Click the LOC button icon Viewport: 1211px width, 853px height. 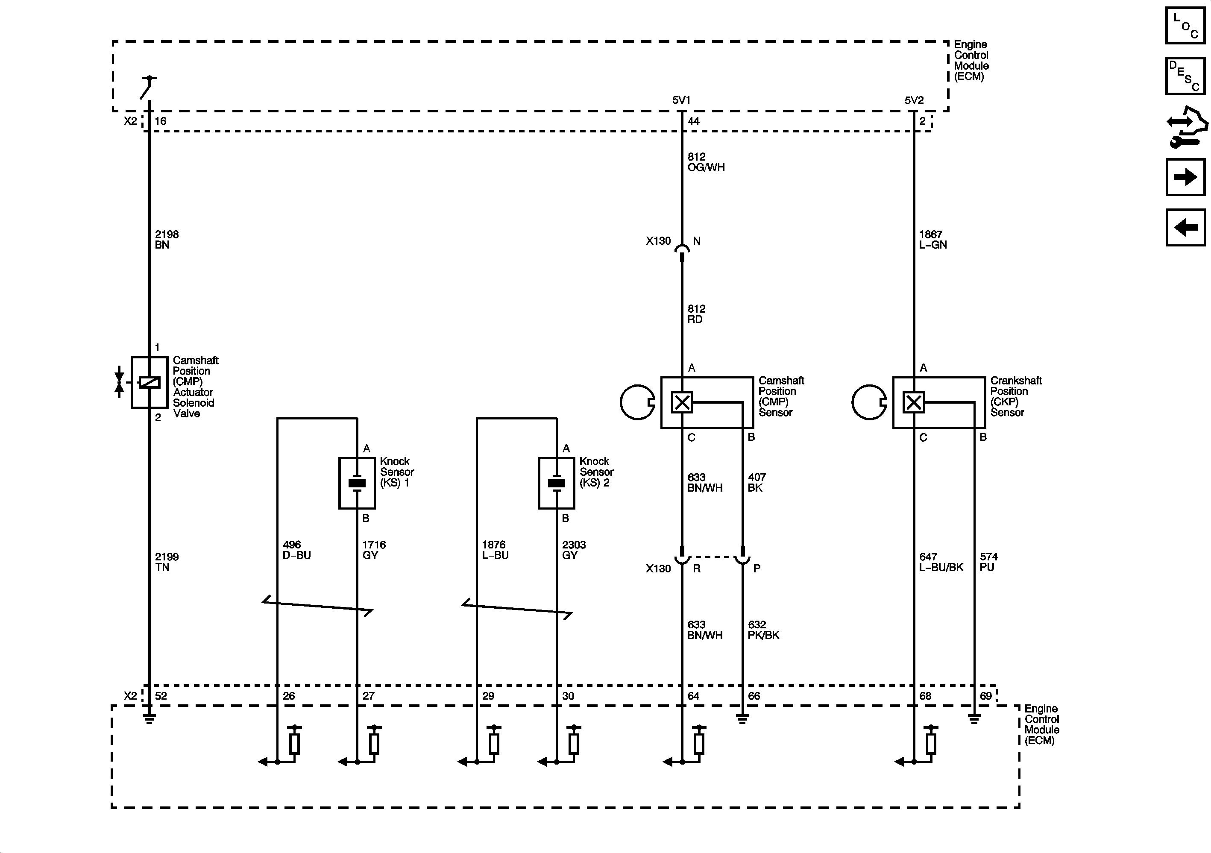pos(1185,25)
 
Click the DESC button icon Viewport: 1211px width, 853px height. pos(1185,76)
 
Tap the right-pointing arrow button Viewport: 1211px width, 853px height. pos(1185,177)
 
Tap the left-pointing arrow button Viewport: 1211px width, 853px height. pos(1185,227)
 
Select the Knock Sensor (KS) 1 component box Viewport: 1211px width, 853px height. pos(357,483)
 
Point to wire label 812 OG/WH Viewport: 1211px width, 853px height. pos(705,162)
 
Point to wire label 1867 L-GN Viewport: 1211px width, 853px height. pos(932,240)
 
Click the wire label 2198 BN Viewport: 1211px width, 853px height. pos(166,240)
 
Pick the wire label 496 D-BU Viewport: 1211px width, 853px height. pos(296,550)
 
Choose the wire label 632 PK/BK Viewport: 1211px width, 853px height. pos(762,630)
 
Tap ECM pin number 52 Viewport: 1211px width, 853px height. pos(161,696)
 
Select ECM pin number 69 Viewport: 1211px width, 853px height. pos(985,696)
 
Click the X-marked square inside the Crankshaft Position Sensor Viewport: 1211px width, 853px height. pos(914,402)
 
